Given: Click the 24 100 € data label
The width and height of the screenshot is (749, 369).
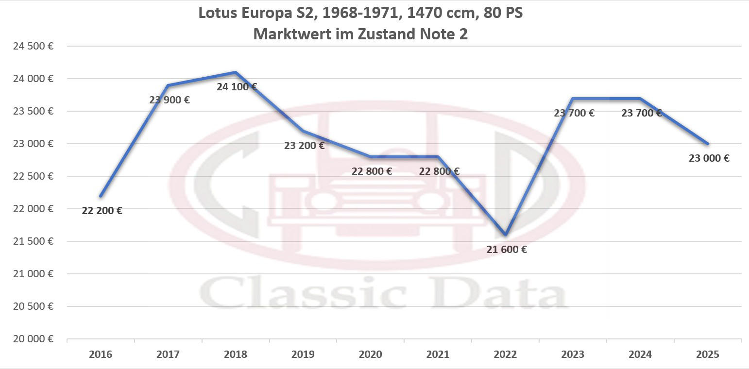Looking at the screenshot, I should [237, 87].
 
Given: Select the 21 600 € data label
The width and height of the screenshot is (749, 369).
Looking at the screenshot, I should [507, 250].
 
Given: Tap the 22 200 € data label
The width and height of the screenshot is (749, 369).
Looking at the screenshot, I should [102, 211].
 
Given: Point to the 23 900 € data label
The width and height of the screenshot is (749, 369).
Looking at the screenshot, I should [170, 101].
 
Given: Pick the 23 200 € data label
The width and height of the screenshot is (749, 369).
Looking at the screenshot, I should [304, 145].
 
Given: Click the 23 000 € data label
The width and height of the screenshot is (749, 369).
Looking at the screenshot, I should [709, 158].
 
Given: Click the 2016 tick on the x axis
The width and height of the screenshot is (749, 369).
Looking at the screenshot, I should [101, 354].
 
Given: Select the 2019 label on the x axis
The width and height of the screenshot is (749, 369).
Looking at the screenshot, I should [303, 354].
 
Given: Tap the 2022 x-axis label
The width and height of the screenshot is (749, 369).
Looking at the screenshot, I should [505, 354].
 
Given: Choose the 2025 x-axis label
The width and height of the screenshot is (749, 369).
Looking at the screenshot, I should [707, 354].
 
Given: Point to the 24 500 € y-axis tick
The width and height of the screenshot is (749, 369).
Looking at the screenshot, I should [33, 46].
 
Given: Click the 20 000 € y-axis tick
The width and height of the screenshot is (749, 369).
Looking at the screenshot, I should [33, 339].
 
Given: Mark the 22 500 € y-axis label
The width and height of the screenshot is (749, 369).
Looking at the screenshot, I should [33, 176].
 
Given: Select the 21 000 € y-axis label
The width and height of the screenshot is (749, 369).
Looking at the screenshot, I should [33, 274].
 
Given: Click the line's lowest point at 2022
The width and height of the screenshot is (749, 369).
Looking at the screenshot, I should [506, 235].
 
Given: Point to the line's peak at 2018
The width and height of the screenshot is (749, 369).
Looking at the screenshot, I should [236, 72].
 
